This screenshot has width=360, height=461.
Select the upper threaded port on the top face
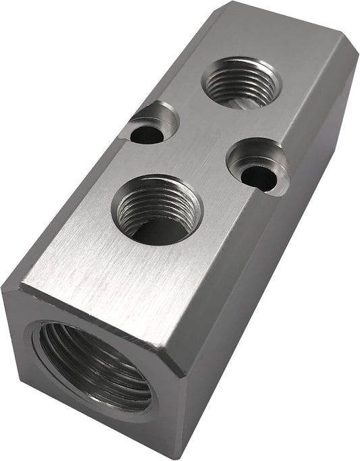[242, 83]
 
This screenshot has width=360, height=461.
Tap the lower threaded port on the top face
[158, 210]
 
